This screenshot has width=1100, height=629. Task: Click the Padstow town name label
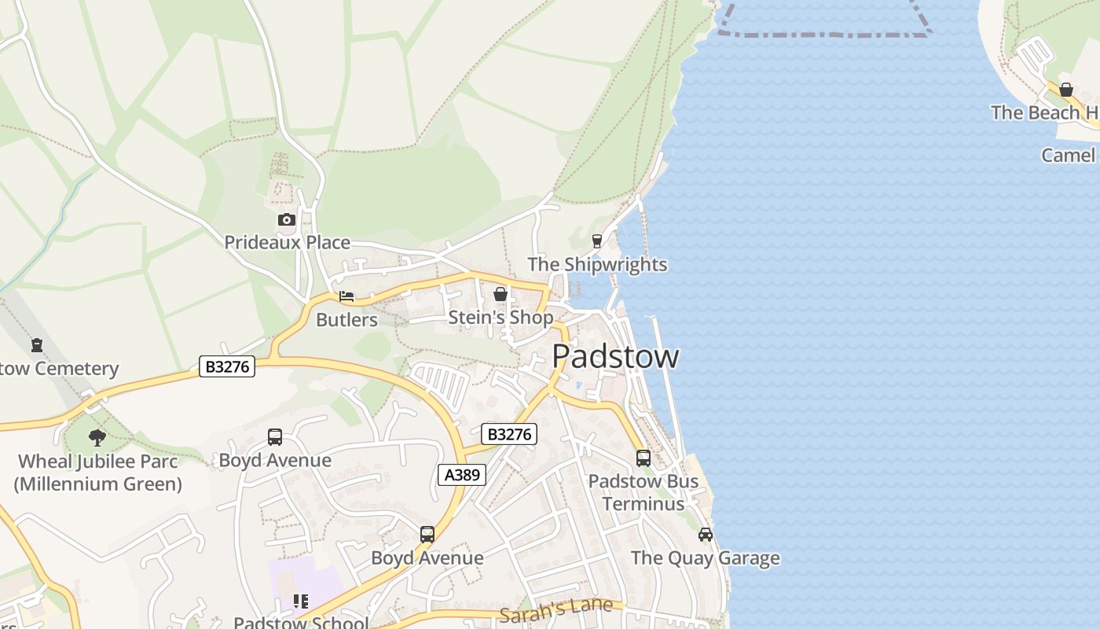point(615,356)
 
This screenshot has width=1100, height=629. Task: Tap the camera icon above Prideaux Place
point(287,219)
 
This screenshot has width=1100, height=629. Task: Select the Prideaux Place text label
point(287,242)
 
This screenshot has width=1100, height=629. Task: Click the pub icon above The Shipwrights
point(597,241)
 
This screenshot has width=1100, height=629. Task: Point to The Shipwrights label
point(597,264)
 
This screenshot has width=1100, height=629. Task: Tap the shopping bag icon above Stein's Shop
point(500,294)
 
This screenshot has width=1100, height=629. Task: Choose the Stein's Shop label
point(500,317)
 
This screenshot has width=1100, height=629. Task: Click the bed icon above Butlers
point(346,296)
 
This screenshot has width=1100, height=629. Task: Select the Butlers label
point(346,320)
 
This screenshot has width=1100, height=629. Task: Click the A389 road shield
point(461,475)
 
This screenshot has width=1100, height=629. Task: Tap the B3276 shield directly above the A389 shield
point(509,434)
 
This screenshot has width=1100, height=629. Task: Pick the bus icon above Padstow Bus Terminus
point(643,458)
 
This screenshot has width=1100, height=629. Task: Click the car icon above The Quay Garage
point(706,535)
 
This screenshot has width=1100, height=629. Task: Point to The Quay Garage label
point(706,558)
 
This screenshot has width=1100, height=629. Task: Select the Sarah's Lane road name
point(555,609)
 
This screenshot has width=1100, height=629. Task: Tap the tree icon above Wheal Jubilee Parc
point(97,438)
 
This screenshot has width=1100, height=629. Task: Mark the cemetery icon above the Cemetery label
point(37,344)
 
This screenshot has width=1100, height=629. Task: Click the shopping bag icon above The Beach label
point(1066,90)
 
